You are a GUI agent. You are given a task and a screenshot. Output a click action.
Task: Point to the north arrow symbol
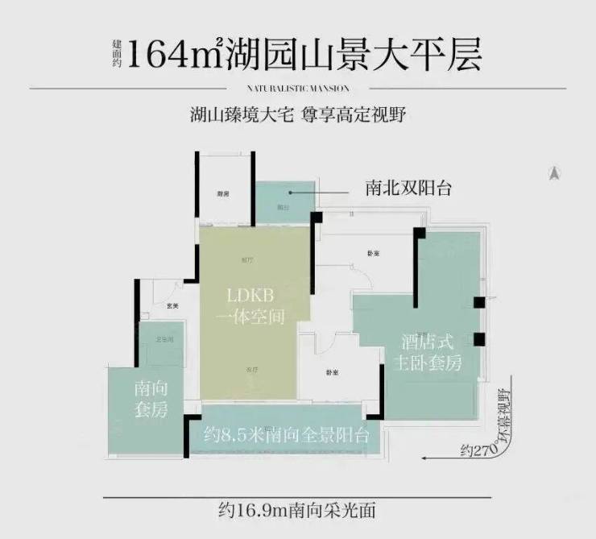pyautogui.click(x=555, y=172)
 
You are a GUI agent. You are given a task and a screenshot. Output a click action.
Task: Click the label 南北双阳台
pyautogui.click(x=408, y=189)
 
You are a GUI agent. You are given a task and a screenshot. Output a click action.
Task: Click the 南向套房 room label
pyautogui.click(x=151, y=399)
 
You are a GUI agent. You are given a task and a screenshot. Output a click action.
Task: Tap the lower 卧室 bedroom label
pyautogui.click(x=332, y=372)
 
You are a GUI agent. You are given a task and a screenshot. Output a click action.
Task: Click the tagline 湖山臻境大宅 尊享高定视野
pyautogui.click(x=297, y=114)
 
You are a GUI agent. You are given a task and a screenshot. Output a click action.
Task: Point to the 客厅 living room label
pyautogui.click(x=251, y=369)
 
